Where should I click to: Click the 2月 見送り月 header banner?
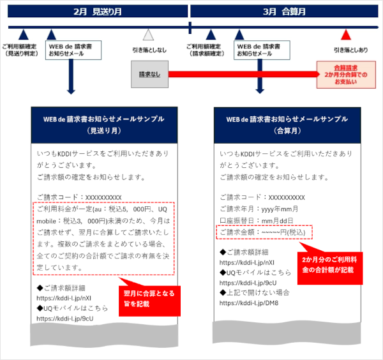point(98,11)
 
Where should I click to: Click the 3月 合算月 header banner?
point(284,11)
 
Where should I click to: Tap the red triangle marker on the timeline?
point(345,34)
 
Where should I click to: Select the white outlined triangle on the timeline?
point(148,35)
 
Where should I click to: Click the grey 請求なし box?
point(149,74)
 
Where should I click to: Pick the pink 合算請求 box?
point(346,75)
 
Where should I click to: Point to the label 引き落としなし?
point(149,50)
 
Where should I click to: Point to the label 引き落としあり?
point(350,50)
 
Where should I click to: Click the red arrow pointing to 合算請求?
point(244,74)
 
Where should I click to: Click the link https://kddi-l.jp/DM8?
point(249,303)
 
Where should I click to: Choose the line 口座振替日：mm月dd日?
point(256,221)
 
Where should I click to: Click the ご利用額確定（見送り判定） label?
point(20,50)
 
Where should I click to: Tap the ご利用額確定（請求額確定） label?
point(205,50)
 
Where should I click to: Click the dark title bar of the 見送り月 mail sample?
point(104,125)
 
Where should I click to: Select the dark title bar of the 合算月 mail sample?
point(287,125)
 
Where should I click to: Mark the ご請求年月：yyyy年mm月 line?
point(259,209)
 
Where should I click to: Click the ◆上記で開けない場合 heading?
point(255,292)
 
